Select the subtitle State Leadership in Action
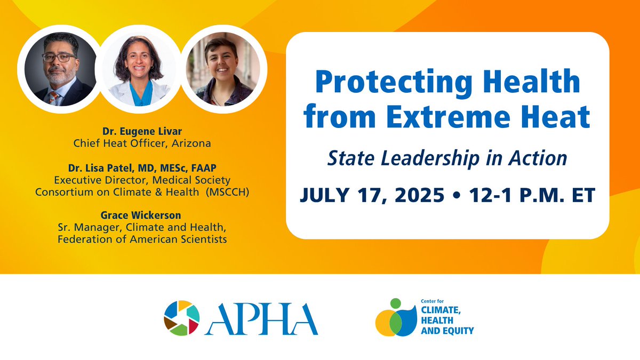pos(447,157)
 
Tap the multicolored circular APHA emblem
pos(182,318)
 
